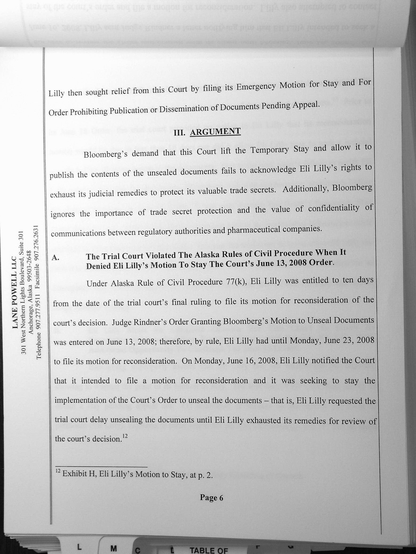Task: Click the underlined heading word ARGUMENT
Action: click(x=215, y=132)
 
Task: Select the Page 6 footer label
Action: click(x=211, y=498)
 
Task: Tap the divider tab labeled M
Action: click(x=114, y=548)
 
